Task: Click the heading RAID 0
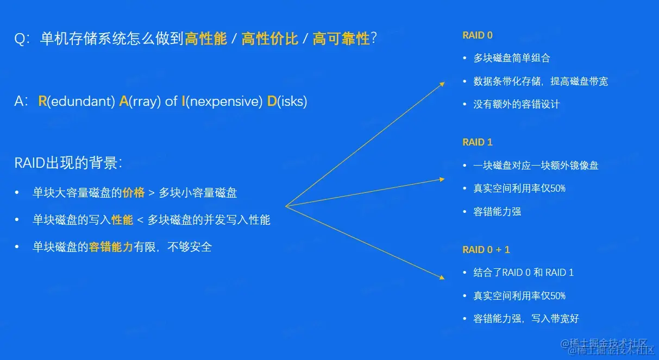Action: click(x=477, y=35)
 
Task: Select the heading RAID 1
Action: click(x=477, y=142)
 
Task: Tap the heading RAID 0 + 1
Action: click(x=486, y=250)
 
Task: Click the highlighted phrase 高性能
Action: click(x=206, y=39)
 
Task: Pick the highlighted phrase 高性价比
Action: click(x=270, y=39)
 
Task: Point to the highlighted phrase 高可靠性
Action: click(x=341, y=39)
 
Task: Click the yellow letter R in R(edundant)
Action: click(x=42, y=102)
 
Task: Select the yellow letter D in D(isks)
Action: click(x=272, y=102)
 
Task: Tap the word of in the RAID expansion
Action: click(x=171, y=102)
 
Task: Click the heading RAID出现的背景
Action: click(x=68, y=163)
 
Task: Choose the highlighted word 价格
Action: click(x=134, y=193)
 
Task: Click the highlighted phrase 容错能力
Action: click(x=111, y=247)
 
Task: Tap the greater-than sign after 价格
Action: click(x=152, y=193)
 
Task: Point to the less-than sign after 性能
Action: click(x=140, y=220)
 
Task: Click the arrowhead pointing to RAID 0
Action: click(x=442, y=84)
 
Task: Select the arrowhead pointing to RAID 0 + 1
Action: click(x=442, y=277)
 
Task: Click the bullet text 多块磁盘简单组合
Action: click(x=512, y=58)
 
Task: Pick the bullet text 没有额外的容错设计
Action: click(x=516, y=104)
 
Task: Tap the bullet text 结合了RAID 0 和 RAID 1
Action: click(x=524, y=273)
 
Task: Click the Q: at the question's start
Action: click(x=22, y=39)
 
